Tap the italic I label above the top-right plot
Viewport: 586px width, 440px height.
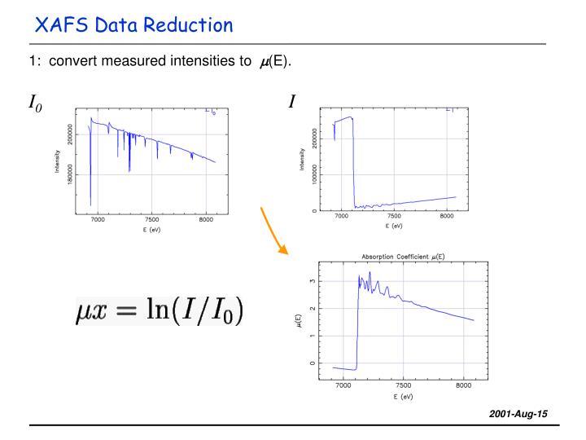click(x=291, y=102)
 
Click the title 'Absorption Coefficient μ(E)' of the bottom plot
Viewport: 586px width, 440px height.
click(x=403, y=255)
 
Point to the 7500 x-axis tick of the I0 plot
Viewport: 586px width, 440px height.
click(x=151, y=220)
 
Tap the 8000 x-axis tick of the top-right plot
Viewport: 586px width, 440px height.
click(x=447, y=218)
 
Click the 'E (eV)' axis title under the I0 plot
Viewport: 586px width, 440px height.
click(x=151, y=231)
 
